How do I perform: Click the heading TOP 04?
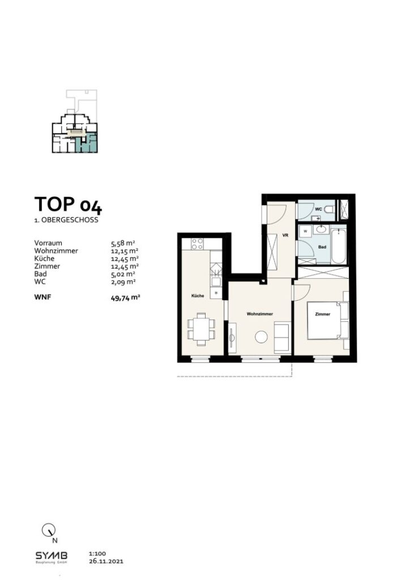click(68, 204)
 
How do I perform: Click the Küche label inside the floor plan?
click(197, 296)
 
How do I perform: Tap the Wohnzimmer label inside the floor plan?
click(260, 313)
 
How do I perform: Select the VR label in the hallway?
click(285, 237)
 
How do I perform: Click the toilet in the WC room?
click(330, 210)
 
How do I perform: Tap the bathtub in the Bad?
click(338, 245)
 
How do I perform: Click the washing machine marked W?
click(306, 232)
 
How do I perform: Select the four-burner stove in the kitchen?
click(198, 244)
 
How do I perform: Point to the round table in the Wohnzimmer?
click(261, 337)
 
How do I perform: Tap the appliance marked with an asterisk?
click(215, 293)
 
